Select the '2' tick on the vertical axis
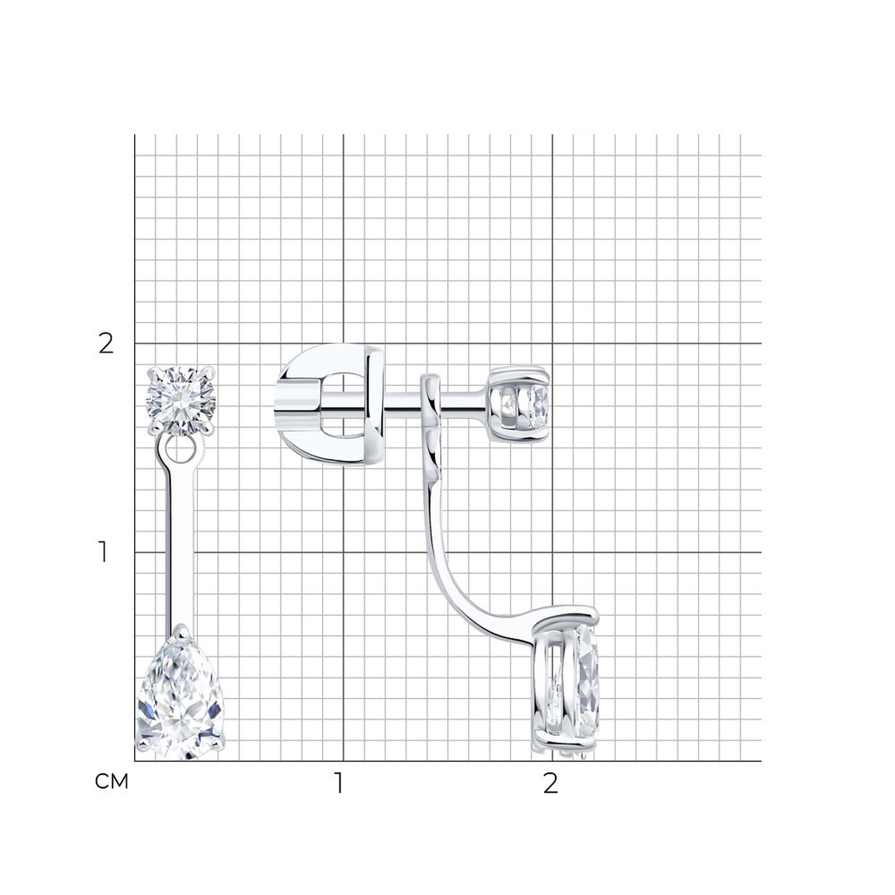(106, 344)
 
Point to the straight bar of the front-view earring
(181, 547)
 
